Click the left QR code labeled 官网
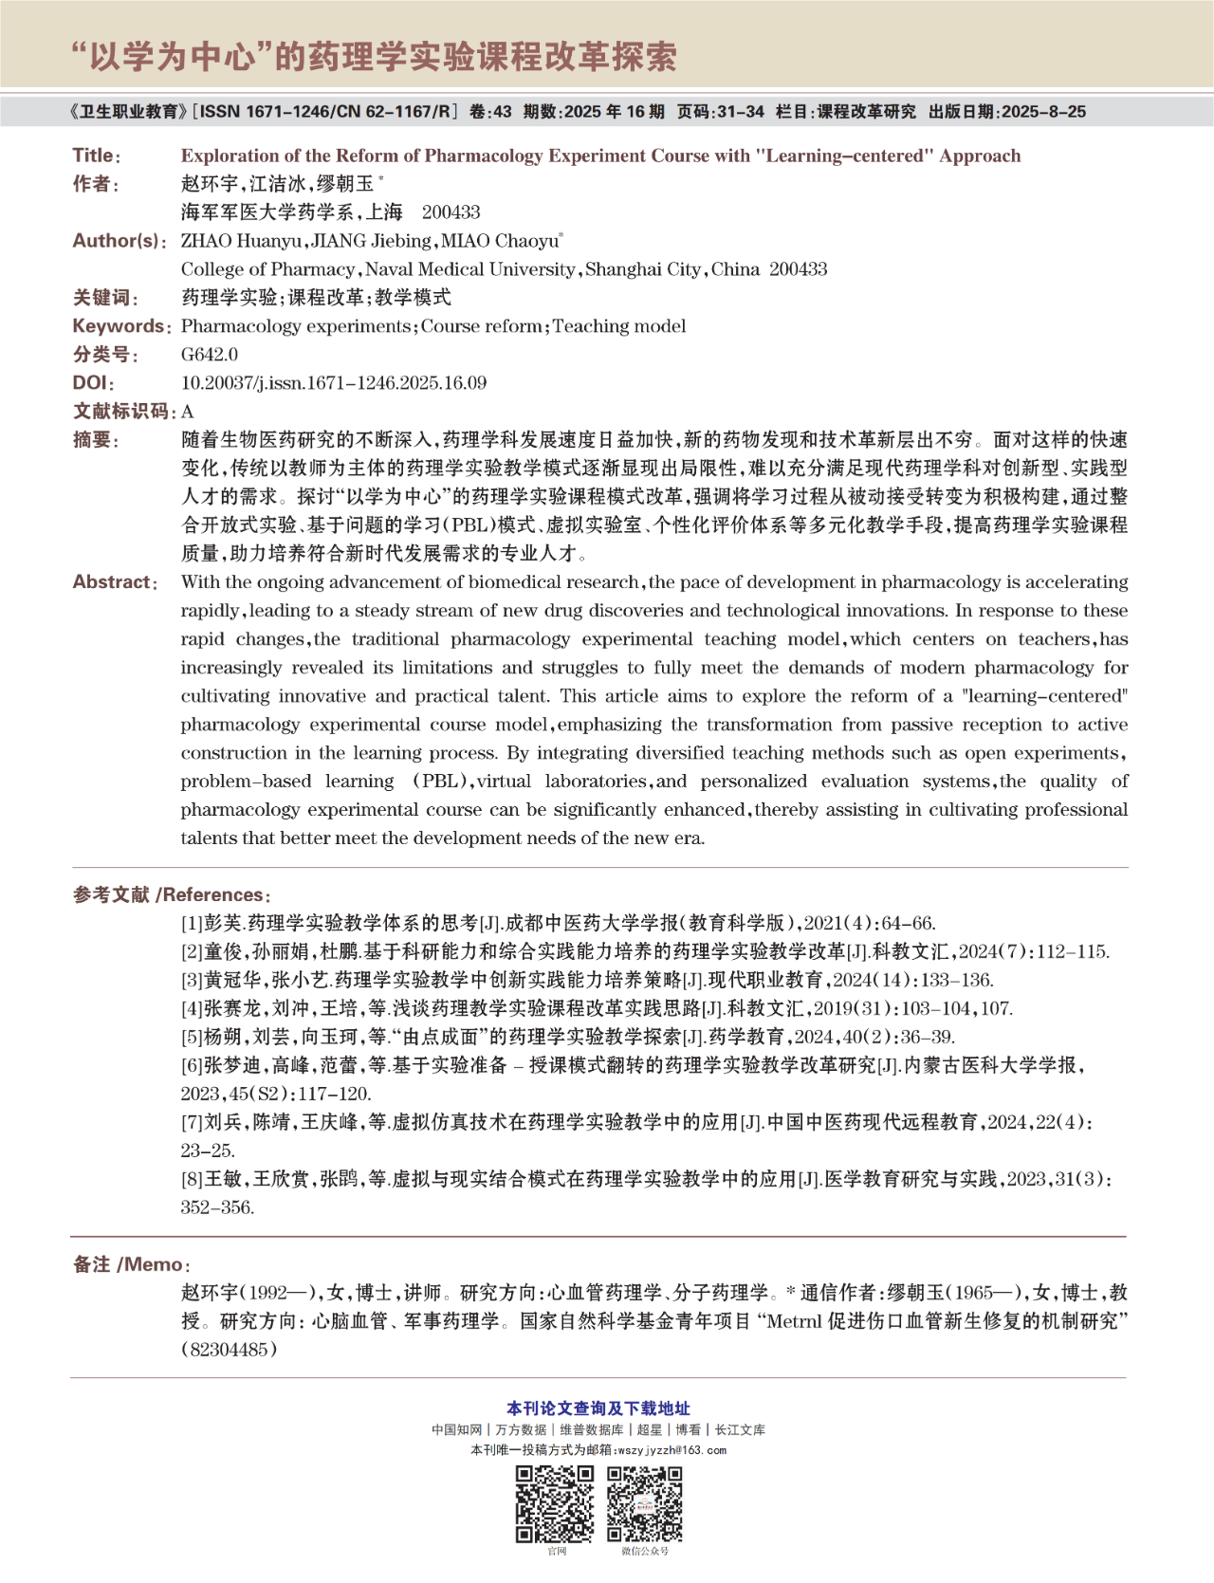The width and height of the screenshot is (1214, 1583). point(555,1503)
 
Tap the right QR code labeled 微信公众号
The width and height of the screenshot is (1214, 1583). point(645,1503)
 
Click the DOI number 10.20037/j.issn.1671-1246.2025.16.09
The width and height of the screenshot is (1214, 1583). point(334,383)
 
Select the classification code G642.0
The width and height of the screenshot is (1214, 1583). point(210,355)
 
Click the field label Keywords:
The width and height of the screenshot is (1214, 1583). point(121,326)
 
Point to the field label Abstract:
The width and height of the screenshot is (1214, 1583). point(115,582)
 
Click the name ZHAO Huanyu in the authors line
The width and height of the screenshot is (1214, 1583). point(242,241)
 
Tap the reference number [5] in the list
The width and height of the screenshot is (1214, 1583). point(193,1037)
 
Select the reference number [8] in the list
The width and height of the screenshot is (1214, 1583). point(193,1179)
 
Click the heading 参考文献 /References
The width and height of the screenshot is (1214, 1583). point(171,894)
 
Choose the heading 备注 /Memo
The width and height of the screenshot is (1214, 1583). point(131,1264)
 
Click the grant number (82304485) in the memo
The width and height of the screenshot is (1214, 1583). point(230,1350)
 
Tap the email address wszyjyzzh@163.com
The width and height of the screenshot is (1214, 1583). point(671,1450)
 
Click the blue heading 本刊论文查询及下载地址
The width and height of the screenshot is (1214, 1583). point(598,1408)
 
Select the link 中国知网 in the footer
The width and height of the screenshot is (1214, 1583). point(457,1429)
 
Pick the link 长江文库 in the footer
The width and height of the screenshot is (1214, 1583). point(740,1429)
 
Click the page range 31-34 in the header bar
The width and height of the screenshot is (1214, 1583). point(741,112)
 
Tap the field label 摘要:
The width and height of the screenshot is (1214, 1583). point(96,440)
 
